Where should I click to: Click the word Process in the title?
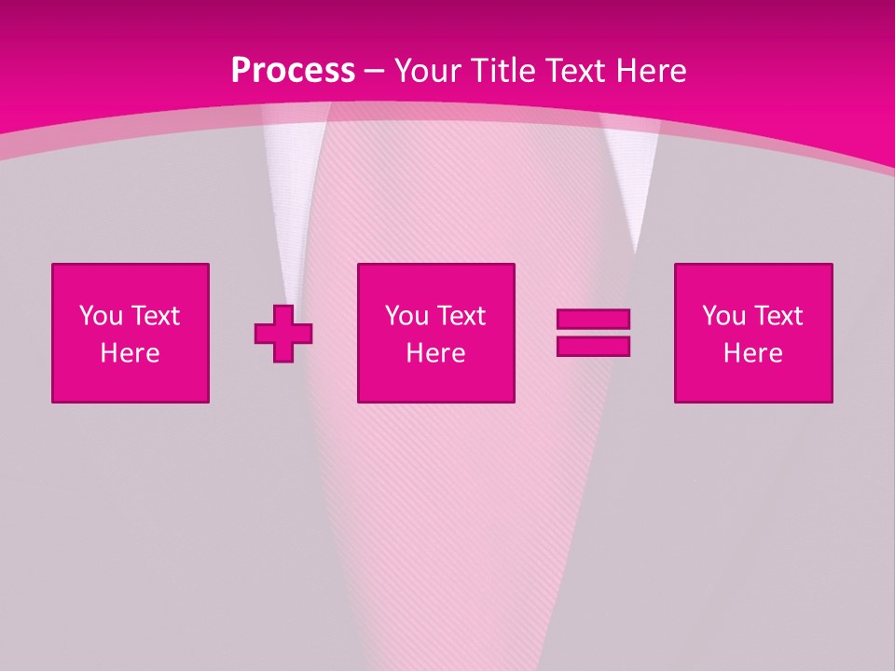tap(293, 71)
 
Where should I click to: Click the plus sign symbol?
tap(283, 334)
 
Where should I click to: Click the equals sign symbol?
tap(593, 333)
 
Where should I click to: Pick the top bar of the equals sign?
tap(593, 320)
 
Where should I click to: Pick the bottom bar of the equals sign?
tap(593, 346)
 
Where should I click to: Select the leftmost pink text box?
tap(131, 333)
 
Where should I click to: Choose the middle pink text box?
tap(435, 333)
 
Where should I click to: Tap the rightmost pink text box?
tap(753, 333)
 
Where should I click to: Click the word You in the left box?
tap(101, 316)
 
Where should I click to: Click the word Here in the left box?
tap(130, 353)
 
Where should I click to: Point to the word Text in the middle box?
tap(461, 316)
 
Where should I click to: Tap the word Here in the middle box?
tap(435, 353)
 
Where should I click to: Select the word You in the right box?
tap(723, 316)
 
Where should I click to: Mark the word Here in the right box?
tap(752, 353)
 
